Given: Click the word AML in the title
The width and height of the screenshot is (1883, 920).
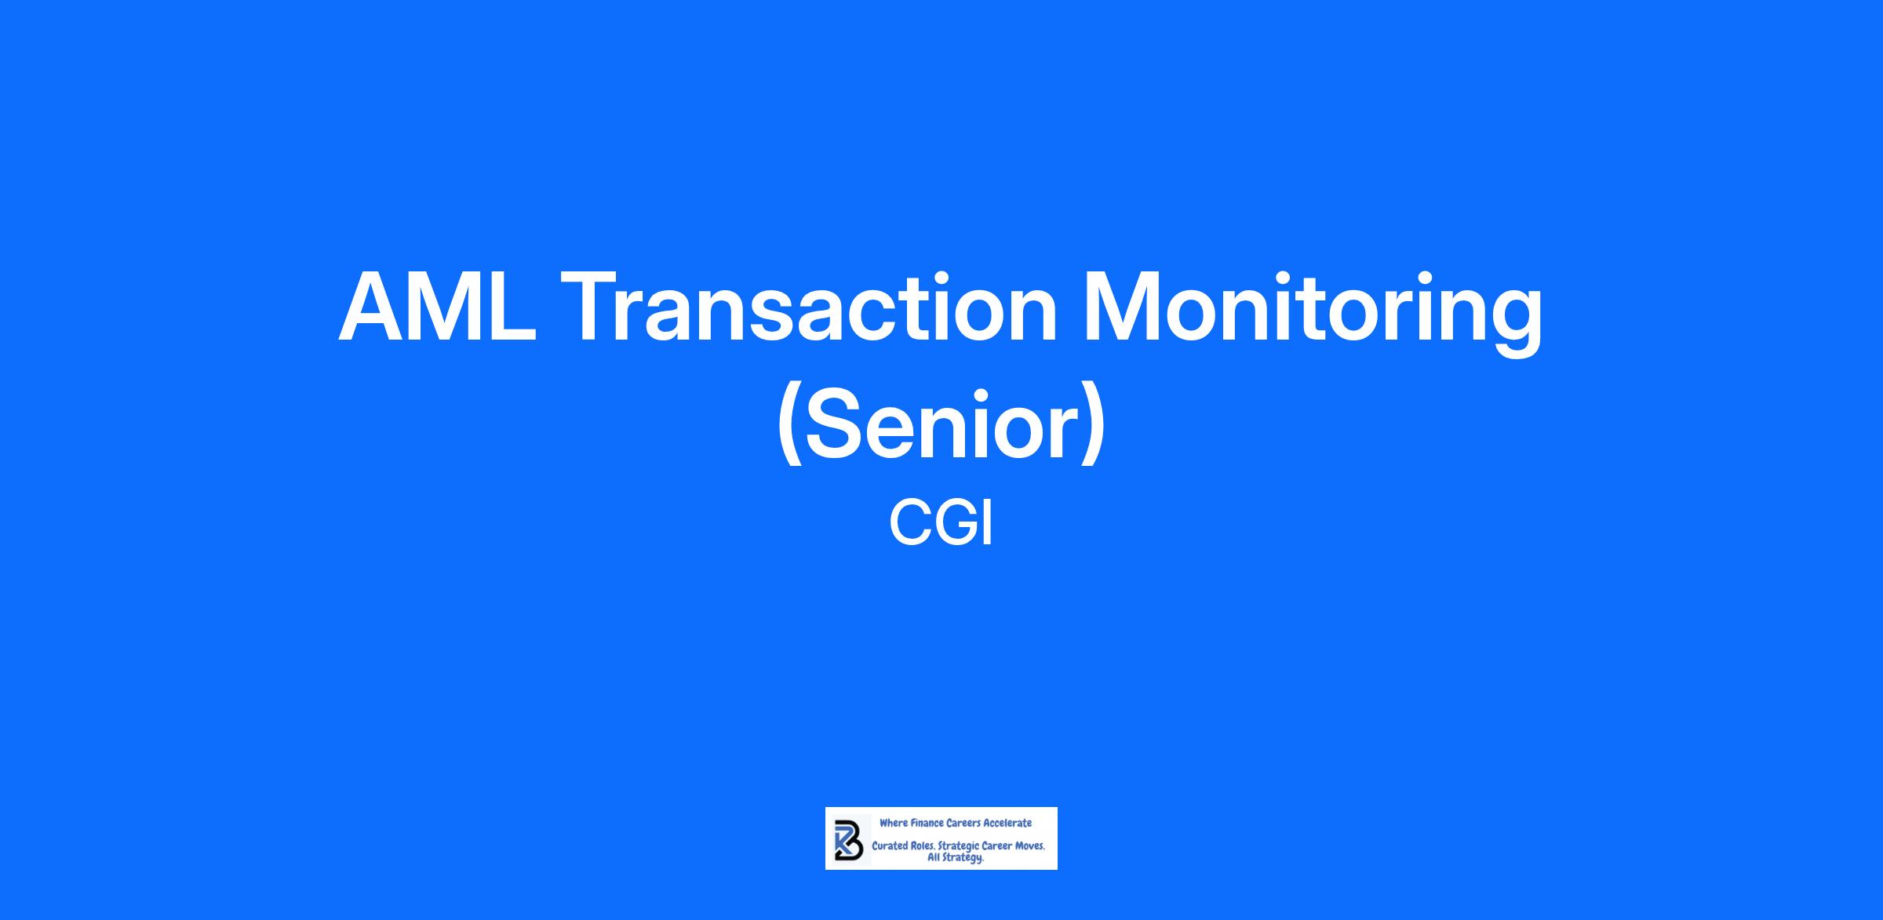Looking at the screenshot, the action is (x=437, y=307).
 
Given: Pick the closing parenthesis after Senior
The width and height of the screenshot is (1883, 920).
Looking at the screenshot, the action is (x=1094, y=427).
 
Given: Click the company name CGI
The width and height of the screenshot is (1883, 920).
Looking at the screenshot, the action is (x=941, y=524).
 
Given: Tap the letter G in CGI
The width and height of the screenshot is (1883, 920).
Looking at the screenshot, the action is (x=952, y=524).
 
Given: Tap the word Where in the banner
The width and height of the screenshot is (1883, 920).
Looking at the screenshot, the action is (x=893, y=823).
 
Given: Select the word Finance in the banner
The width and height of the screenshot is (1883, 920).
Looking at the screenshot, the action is (x=927, y=823).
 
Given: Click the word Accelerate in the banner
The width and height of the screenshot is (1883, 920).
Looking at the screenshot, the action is (x=1007, y=823).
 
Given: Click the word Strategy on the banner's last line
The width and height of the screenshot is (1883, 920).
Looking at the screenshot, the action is (x=964, y=859).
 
